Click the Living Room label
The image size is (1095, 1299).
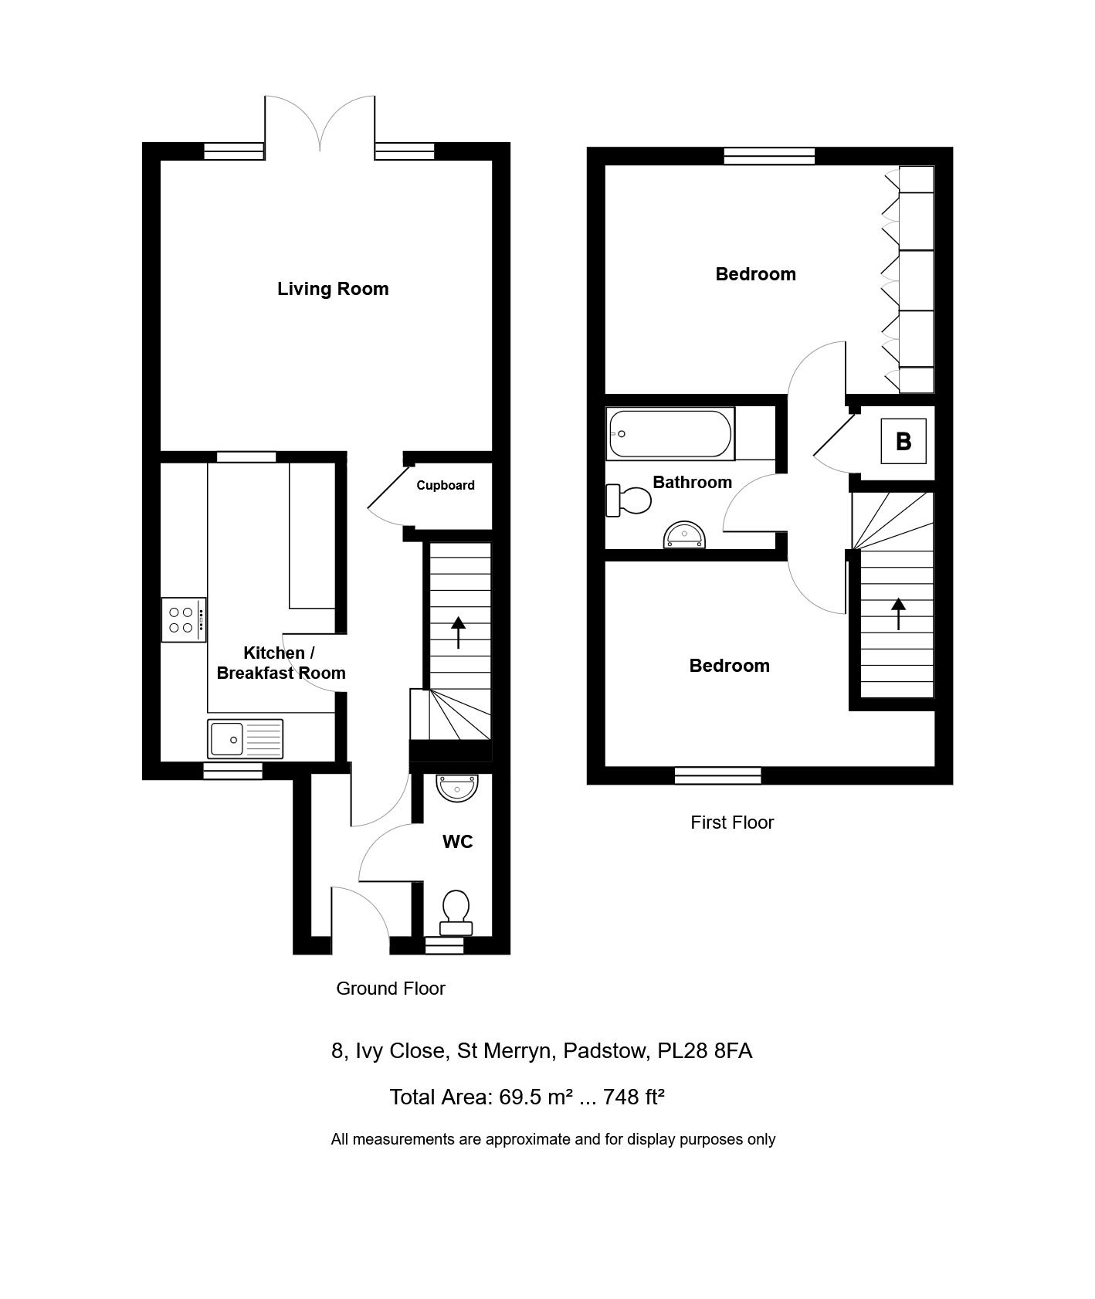pos(333,289)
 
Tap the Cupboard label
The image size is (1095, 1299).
pos(446,485)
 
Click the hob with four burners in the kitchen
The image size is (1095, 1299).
pos(184,620)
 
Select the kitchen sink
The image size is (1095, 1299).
pos(246,738)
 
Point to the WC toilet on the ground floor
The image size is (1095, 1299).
pos(456,914)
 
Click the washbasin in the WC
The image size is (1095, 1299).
pos(457,788)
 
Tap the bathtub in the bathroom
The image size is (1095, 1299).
pos(670,434)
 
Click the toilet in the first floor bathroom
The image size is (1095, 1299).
pos(629,500)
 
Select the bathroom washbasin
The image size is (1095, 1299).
pos(685,535)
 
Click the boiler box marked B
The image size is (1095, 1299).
pos(903,441)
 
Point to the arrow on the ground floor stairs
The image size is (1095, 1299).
pos(459,633)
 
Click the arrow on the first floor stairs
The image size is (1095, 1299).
pos(899,614)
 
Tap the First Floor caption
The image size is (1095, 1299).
pos(732,822)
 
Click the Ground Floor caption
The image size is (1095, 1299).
pos(391,989)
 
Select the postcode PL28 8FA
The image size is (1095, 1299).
pos(705,1051)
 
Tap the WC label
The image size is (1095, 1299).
pos(458,842)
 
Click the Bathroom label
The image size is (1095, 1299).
pos(693,482)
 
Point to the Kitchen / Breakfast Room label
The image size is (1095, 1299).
pos(281,663)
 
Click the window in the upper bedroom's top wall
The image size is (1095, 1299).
pos(770,156)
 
